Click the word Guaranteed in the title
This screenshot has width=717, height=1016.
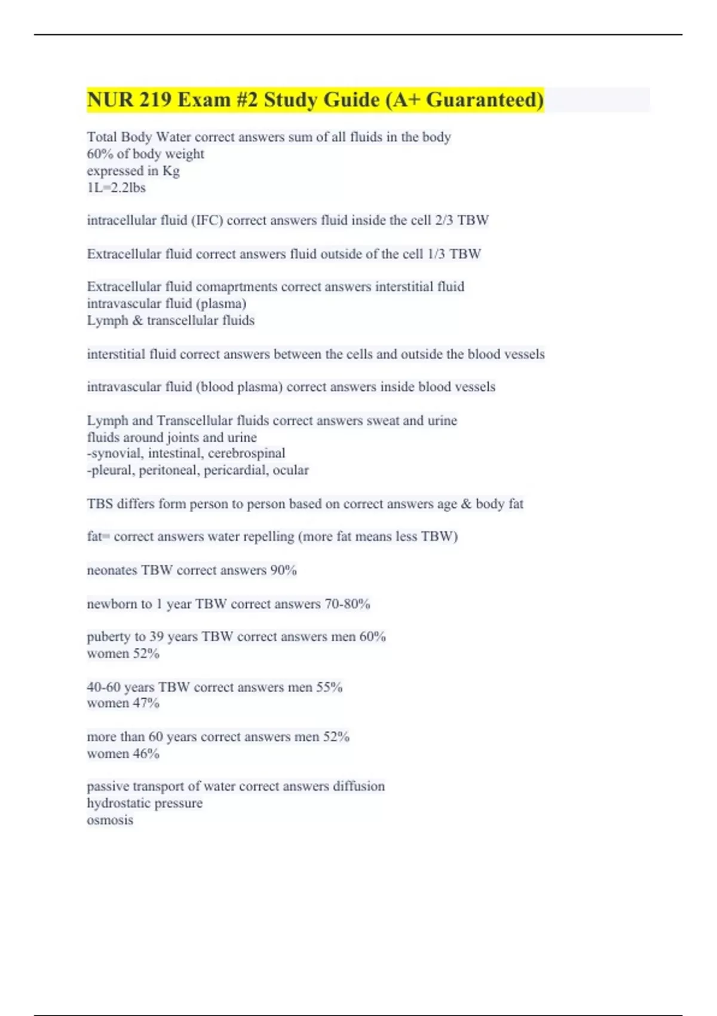point(485,100)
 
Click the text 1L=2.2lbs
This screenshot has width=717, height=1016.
point(117,188)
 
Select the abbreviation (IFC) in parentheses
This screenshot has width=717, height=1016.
point(207,221)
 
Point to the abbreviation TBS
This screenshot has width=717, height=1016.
point(100,504)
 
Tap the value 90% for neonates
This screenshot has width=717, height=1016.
point(283,570)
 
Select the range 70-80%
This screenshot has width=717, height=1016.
point(347,604)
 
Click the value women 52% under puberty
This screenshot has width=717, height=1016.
point(123,654)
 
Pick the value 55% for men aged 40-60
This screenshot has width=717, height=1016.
point(329,687)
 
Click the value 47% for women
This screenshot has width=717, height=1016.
point(146,703)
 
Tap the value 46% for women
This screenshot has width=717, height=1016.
point(146,754)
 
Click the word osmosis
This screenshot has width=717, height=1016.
point(110,820)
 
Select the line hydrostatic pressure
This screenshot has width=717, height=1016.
point(145,803)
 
